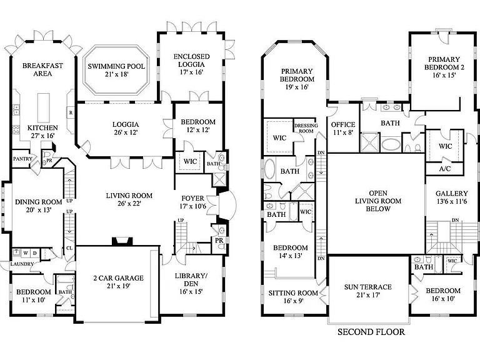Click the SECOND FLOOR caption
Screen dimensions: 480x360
[371, 332]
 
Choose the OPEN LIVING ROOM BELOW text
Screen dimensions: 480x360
[378, 201]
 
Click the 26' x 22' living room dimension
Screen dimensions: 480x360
[129, 203]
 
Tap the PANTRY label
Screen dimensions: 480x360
[22, 159]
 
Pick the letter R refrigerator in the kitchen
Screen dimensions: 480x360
[71, 112]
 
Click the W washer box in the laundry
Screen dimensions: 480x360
[26, 253]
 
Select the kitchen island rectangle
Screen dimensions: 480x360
[43, 107]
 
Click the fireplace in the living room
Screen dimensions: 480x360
[122, 241]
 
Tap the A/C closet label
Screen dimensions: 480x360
[445, 169]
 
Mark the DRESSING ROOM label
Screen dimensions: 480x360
[306, 128]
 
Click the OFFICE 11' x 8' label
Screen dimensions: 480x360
[343, 129]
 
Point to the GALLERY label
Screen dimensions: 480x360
[452, 194]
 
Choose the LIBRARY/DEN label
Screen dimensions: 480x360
[191, 280]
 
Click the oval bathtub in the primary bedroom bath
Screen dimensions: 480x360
[269, 168]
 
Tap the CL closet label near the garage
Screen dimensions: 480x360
[69, 248]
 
